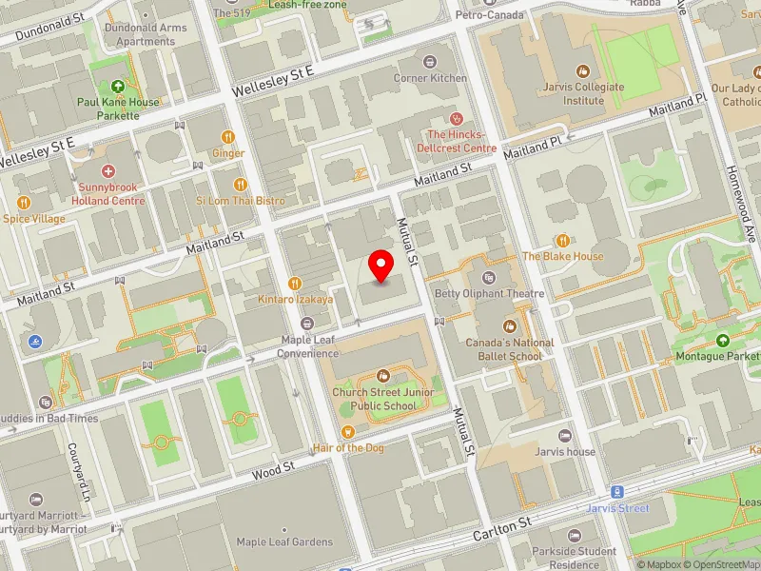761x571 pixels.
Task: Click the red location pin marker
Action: click(381, 266)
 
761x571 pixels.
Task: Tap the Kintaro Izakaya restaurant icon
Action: click(295, 283)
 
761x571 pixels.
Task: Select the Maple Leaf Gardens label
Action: click(284, 542)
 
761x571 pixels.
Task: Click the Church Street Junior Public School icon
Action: click(383, 376)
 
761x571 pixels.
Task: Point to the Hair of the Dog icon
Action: click(349, 431)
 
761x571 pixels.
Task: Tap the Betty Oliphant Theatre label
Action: click(489, 294)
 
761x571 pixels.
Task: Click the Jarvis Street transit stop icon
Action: click(617, 492)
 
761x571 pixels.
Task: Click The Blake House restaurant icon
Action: click(562, 241)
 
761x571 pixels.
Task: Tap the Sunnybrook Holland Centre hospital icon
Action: click(107, 171)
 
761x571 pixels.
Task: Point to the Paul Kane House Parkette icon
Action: click(121, 87)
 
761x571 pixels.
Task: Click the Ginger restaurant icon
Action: click(228, 137)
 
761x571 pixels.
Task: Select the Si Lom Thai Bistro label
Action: click(241, 201)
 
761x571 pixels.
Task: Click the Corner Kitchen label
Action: click(430, 78)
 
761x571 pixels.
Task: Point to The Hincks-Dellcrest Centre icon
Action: click(457, 119)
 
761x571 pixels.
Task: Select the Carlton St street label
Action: click(500, 525)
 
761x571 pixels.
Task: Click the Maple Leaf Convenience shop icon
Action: click(307, 325)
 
